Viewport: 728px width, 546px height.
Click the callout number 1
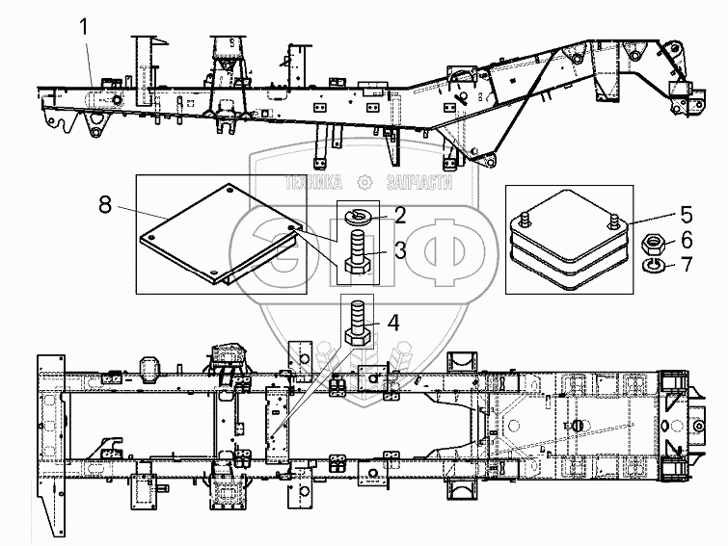coord(84,27)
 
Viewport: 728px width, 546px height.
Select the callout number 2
coord(400,215)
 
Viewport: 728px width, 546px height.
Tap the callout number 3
coord(400,250)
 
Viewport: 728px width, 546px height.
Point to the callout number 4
coord(393,323)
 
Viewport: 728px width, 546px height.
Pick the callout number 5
coord(687,215)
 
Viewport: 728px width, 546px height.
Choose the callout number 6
coord(687,240)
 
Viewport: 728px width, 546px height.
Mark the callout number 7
coord(687,265)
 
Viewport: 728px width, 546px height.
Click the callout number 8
coord(105,204)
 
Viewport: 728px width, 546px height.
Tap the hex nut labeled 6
coord(653,244)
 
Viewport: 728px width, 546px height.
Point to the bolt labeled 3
coord(358,253)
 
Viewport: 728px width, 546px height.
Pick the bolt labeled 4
coord(358,323)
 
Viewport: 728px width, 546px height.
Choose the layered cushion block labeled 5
coord(569,240)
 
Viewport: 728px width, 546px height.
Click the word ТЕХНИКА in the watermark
coord(313,183)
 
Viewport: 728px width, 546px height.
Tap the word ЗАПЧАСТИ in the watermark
coord(419,183)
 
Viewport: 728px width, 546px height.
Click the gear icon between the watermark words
coord(364,183)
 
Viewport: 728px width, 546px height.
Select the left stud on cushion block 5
coord(526,219)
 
